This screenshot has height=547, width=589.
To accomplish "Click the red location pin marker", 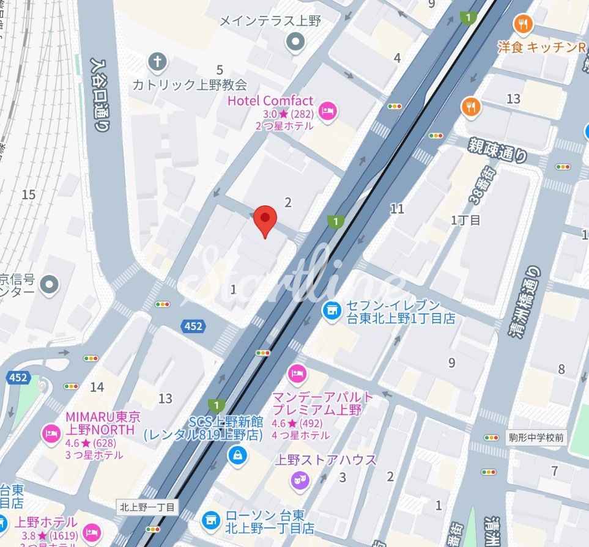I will click(265, 219).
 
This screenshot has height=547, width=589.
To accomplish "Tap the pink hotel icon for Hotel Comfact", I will click(328, 110).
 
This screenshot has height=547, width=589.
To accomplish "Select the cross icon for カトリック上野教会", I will click(157, 61).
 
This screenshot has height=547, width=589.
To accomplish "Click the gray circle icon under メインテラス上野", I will click(296, 42).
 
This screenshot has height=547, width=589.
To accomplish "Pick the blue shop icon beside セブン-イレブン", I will click(332, 310).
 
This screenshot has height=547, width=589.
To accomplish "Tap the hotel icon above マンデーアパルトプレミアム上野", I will click(297, 372).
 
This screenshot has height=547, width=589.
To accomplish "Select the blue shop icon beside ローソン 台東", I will click(211, 519).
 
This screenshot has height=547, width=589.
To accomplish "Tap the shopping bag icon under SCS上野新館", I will click(235, 455).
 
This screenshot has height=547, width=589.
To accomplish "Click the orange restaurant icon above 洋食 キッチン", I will click(524, 24).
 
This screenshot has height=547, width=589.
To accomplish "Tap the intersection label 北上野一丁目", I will click(147, 507).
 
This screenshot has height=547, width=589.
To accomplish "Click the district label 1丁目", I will click(466, 220).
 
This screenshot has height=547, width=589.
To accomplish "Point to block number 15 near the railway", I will click(28, 194).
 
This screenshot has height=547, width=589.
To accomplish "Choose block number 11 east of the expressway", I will click(398, 209).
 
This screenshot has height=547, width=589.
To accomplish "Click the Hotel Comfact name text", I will click(270, 101).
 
